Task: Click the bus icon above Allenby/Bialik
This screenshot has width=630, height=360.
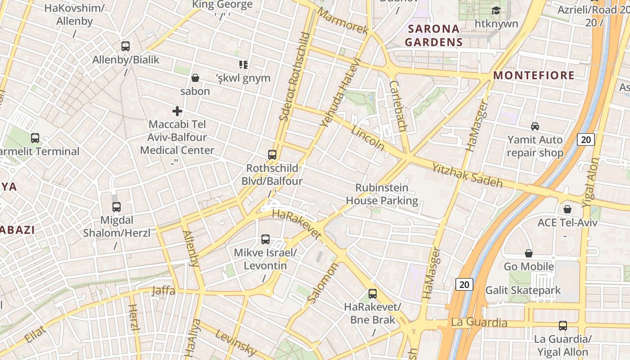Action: tap(126, 46)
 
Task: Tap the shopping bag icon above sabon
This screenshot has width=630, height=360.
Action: tap(195, 78)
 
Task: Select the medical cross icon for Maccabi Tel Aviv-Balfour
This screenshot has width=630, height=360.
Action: tap(177, 111)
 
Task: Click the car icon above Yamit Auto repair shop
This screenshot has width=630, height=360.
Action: tap(535, 126)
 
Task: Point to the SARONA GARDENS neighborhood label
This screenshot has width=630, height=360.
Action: tap(433, 36)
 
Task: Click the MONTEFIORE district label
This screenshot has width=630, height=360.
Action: tap(534, 75)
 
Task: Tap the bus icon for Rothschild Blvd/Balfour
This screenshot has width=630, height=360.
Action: tap(272, 155)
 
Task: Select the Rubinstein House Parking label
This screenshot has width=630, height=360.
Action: tap(382, 194)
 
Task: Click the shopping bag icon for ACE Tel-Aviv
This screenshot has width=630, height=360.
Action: tap(567, 209)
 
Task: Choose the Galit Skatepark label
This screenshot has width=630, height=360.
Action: tap(523, 290)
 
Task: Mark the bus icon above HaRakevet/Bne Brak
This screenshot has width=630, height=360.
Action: tap(373, 294)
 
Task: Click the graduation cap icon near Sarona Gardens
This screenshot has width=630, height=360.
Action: tap(496, 10)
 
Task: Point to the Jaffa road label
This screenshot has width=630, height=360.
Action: tap(163, 290)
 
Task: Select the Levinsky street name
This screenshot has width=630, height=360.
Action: tap(236, 342)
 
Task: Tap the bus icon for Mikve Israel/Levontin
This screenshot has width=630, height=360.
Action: tap(265, 239)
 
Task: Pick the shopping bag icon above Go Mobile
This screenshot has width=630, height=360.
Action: tap(529, 253)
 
